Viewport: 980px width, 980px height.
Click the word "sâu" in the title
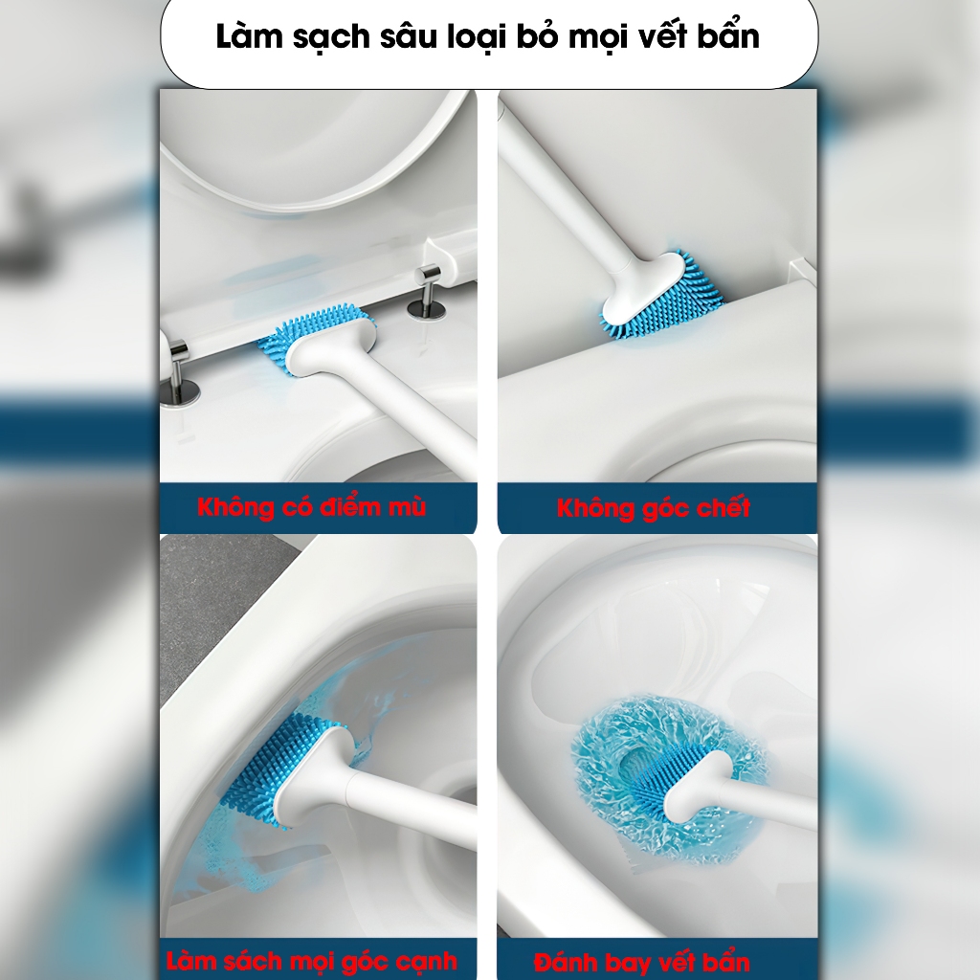[409, 36]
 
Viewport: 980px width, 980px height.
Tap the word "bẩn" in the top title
[727, 35]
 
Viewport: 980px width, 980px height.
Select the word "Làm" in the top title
[246, 36]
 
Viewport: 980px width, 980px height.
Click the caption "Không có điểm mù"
[312, 506]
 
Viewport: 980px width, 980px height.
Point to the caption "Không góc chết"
[654, 507]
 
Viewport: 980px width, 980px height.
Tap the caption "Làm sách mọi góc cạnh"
[311, 961]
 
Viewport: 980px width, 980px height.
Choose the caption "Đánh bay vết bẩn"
[642, 963]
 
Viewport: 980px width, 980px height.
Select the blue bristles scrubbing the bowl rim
[275, 768]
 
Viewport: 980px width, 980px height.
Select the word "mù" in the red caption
[406, 507]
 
